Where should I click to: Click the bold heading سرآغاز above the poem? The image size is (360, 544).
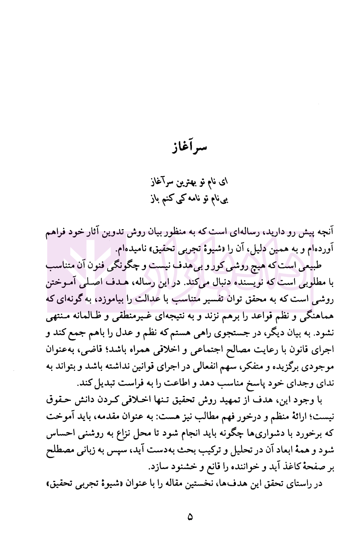coord(189,148)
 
